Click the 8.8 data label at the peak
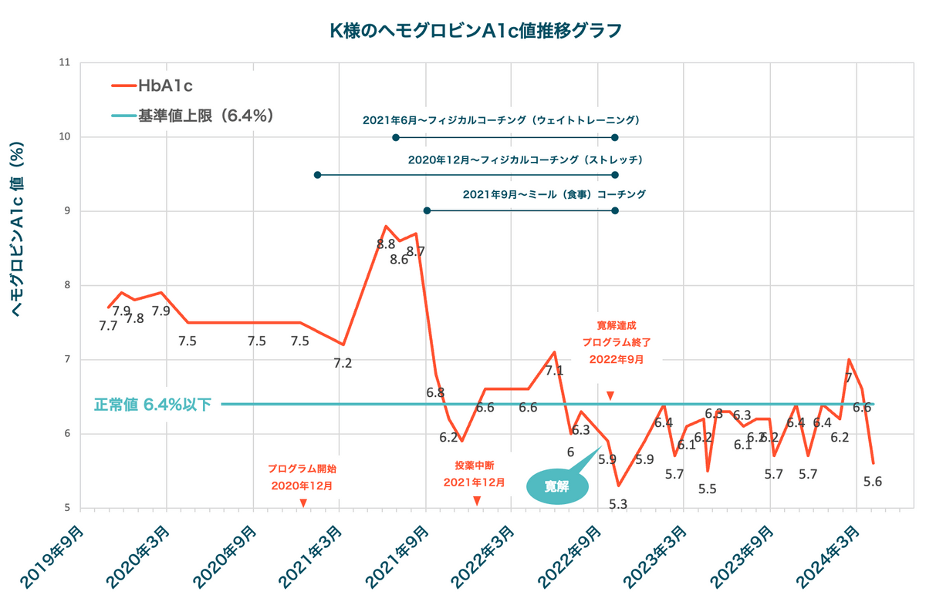pos(386,244)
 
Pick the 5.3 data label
pos(618,504)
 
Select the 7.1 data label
pos(554,371)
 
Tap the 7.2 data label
pos(343,363)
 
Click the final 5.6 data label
pos(873,482)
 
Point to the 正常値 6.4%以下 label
pos(153,405)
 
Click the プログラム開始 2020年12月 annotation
pos(302,477)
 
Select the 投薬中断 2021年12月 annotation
pos(475,474)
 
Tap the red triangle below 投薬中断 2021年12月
pos(477,501)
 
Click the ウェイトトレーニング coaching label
pos(502,121)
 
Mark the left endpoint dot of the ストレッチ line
pos(317,175)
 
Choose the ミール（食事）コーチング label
pos(554,194)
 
